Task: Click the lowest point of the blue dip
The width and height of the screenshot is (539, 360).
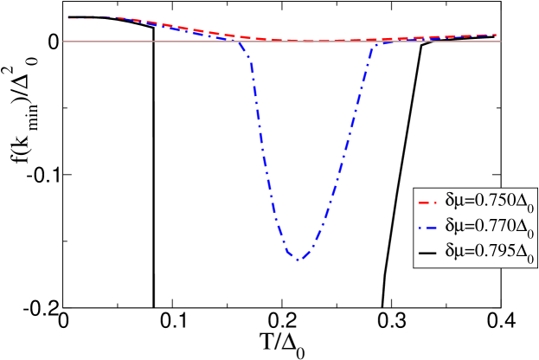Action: (297, 259)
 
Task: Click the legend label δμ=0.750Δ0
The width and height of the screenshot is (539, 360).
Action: (485, 201)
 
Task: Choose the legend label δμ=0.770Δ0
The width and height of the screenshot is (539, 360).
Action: (485, 226)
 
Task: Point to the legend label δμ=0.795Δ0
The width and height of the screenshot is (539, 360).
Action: (485, 251)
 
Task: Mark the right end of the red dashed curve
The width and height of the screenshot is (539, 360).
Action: (497, 35)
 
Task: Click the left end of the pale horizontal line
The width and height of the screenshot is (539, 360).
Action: (64, 42)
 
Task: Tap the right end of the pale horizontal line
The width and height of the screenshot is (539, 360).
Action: (501, 42)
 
